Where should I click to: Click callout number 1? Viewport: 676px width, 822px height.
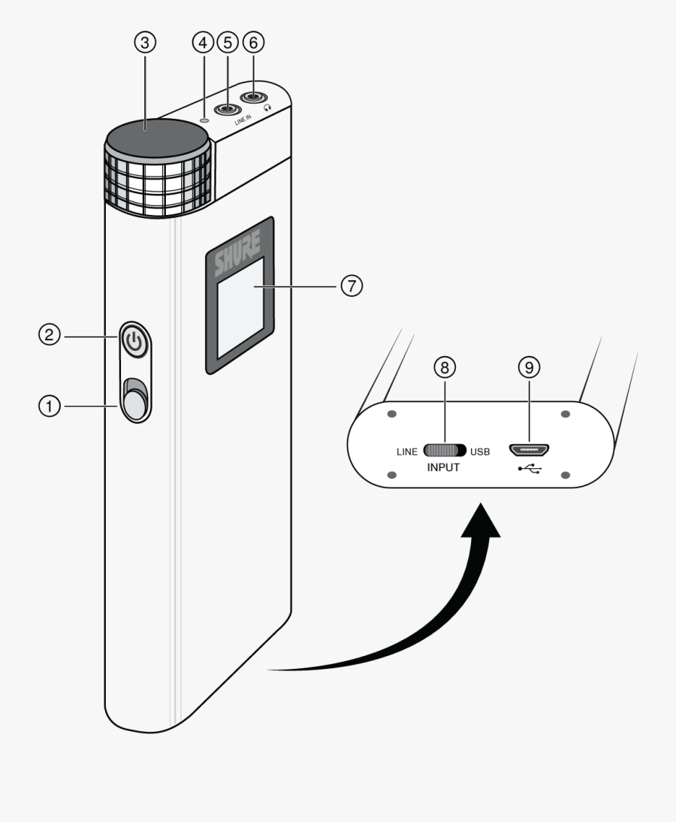(50, 406)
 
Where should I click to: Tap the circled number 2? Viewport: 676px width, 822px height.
(50, 336)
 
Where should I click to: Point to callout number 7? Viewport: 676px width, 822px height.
(351, 286)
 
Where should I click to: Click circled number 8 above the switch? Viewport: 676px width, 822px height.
(445, 367)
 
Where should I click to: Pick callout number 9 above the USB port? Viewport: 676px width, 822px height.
(530, 367)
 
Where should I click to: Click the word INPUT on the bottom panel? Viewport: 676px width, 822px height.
(443, 467)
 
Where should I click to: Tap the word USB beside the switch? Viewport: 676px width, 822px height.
(480, 452)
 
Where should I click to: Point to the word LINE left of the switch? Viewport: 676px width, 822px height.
(406, 452)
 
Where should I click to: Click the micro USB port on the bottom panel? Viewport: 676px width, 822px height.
(530, 451)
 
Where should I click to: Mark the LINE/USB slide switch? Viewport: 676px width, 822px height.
(445, 451)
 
